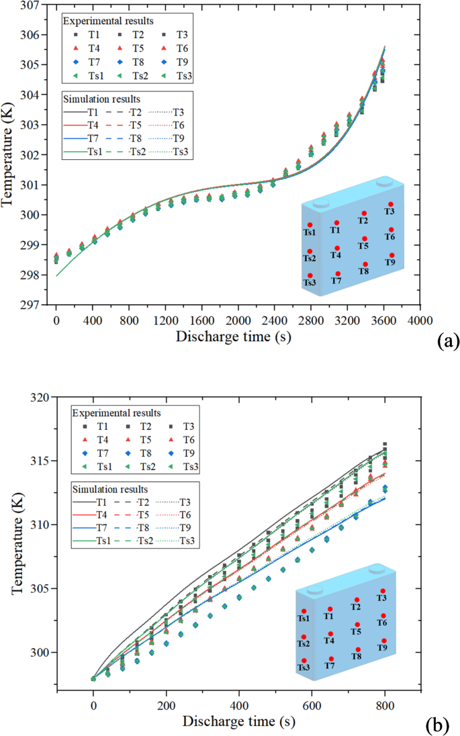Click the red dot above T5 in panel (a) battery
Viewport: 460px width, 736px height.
365,238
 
